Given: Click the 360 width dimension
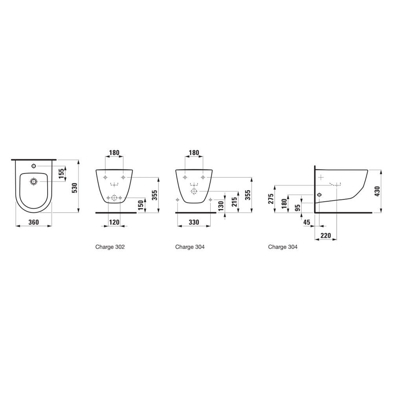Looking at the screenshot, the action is [33, 222].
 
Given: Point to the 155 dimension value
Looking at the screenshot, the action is [61, 173].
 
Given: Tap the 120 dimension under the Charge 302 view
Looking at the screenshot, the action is [114, 222].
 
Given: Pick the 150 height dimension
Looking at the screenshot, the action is [141, 205].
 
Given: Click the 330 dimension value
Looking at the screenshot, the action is [194, 222].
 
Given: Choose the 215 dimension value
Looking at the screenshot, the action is [234, 202].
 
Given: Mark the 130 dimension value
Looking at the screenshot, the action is [220, 206].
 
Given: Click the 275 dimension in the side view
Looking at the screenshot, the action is [271, 199].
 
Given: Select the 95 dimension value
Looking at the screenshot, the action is [298, 208].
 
